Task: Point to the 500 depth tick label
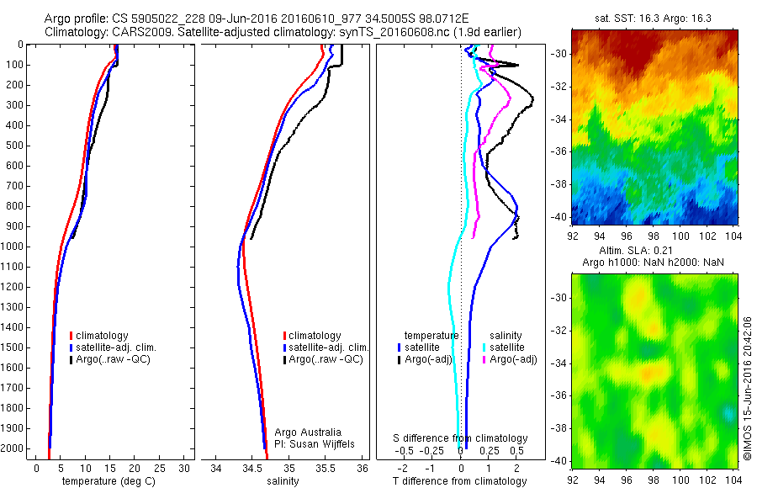[x=15, y=146]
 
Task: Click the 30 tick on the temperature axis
[x=184, y=467]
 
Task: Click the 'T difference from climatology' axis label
[x=460, y=481]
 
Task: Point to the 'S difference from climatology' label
[x=460, y=438]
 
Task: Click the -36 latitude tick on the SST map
[x=560, y=151]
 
